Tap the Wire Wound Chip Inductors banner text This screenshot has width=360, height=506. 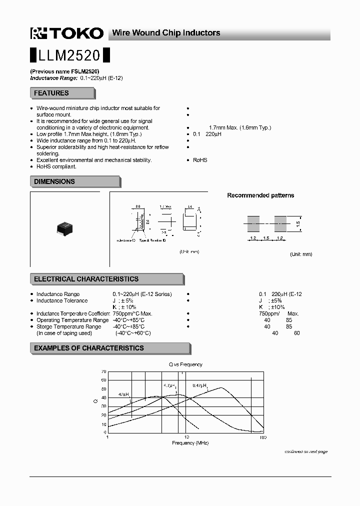pos(166,33)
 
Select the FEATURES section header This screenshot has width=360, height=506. pos(51,93)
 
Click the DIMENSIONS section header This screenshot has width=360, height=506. pos(54,181)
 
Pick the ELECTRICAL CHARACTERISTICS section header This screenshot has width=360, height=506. pos(86,279)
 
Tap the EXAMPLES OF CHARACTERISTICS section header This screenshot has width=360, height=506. pos(88,348)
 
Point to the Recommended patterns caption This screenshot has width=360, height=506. pos(260,195)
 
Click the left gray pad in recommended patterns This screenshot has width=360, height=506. pos(253,223)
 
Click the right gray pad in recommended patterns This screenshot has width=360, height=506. pos(280,223)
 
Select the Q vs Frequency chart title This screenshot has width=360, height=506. pos(185,364)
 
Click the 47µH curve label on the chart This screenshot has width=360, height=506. pos(123,394)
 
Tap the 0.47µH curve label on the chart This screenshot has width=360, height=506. pos(199,385)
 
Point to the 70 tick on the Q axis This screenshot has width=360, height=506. pos(103,371)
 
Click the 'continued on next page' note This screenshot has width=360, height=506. pos(306,451)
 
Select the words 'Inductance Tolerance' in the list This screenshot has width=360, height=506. pos(62,300)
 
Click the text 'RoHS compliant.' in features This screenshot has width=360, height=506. pos(56,166)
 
